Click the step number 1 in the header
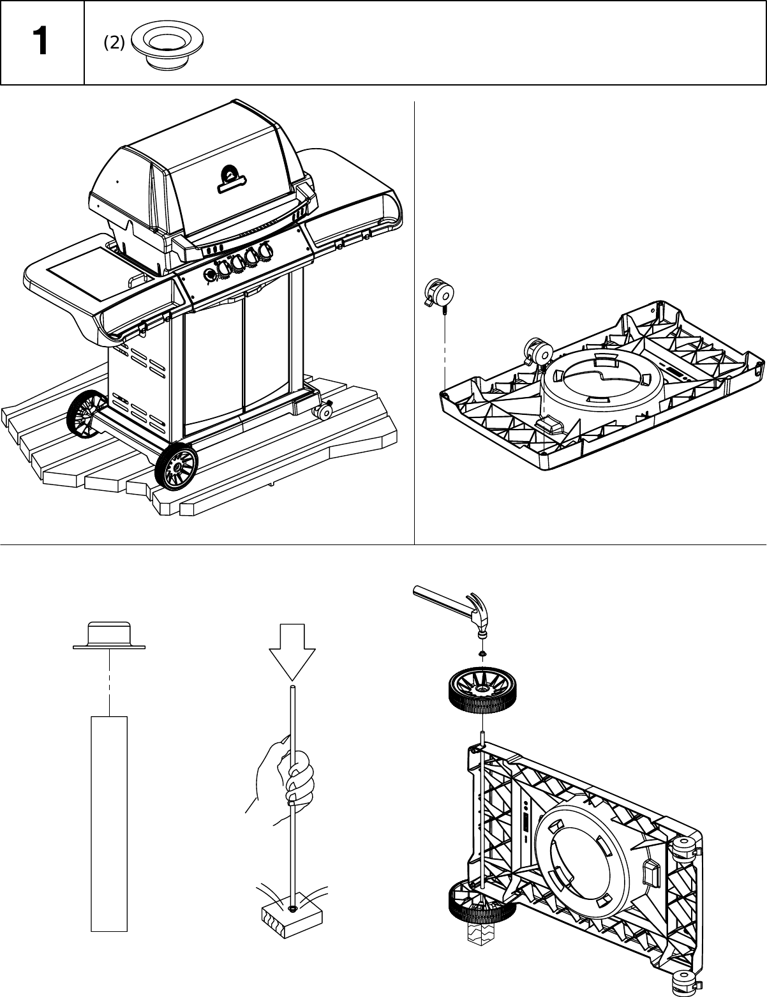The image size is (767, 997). click(40, 43)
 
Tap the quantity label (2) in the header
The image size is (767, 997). click(114, 43)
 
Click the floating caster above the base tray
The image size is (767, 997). click(438, 295)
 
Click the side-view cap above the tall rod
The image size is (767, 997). click(109, 636)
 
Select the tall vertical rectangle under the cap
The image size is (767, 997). click(109, 823)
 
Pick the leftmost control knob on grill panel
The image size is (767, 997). click(210, 274)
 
